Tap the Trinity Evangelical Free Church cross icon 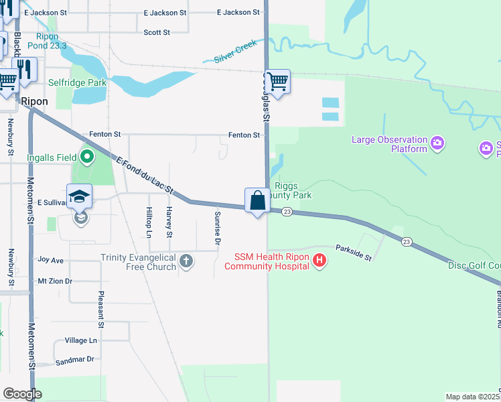click(x=186, y=261)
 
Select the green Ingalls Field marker click(x=86, y=158)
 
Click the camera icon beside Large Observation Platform click(x=437, y=142)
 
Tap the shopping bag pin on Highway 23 click(x=257, y=200)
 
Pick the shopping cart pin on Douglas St click(x=277, y=82)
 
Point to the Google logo click(x=22, y=394)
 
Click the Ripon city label click(x=34, y=101)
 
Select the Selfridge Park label click(x=78, y=82)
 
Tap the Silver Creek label click(x=236, y=54)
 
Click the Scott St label click(x=157, y=32)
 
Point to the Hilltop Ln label click(x=149, y=222)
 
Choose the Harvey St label click(x=169, y=222)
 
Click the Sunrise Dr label click(x=218, y=228)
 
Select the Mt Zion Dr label click(x=54, y=281)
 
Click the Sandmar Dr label click(x=75, y=359)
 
